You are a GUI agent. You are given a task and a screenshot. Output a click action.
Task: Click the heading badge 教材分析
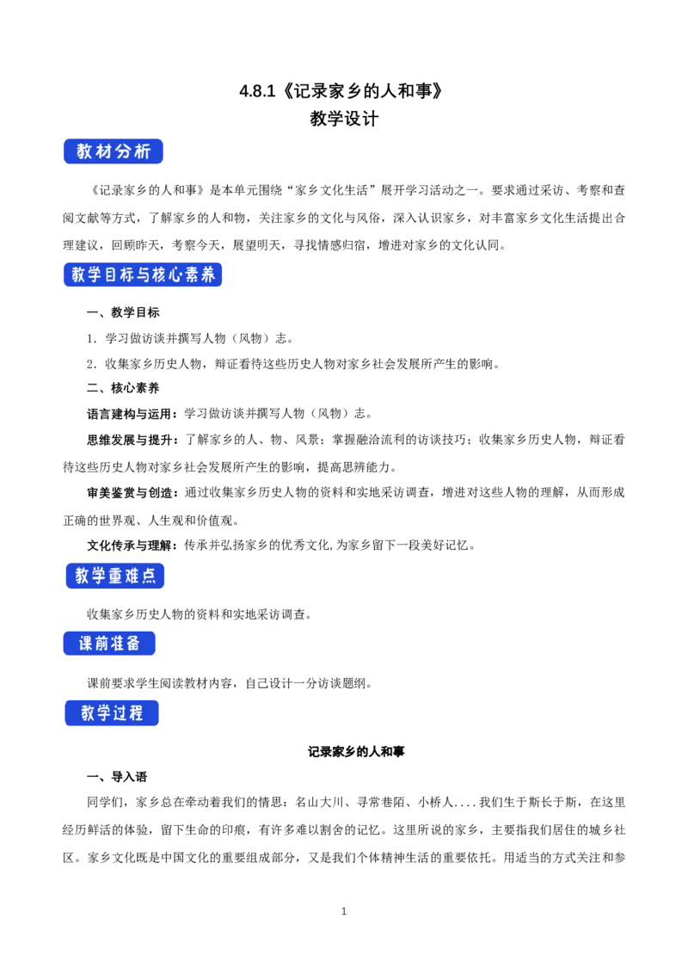(x=114, y=152)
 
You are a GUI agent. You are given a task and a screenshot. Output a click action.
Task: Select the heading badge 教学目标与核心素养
(x=144, y=275)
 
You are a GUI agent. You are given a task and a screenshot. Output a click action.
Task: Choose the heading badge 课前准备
(x=110, y=644)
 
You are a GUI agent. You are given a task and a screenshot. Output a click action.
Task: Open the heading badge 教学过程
(x=113, y=713)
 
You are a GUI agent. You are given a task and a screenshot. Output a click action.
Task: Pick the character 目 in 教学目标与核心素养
(x=111, y=275)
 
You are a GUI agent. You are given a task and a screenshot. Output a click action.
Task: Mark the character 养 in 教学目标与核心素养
(x=208, y=275)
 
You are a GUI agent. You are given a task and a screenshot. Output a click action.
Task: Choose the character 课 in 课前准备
(x=86, y=644)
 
